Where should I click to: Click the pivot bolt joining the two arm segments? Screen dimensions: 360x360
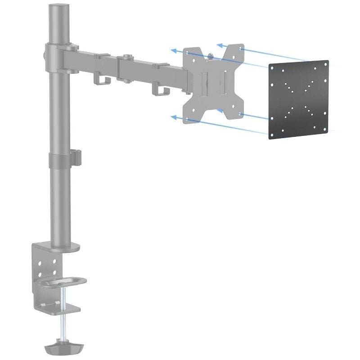tap(126, 57)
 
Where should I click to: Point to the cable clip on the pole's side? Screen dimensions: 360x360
tap(76, 156)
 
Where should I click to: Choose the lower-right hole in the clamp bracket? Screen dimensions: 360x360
tap(54, 272)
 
